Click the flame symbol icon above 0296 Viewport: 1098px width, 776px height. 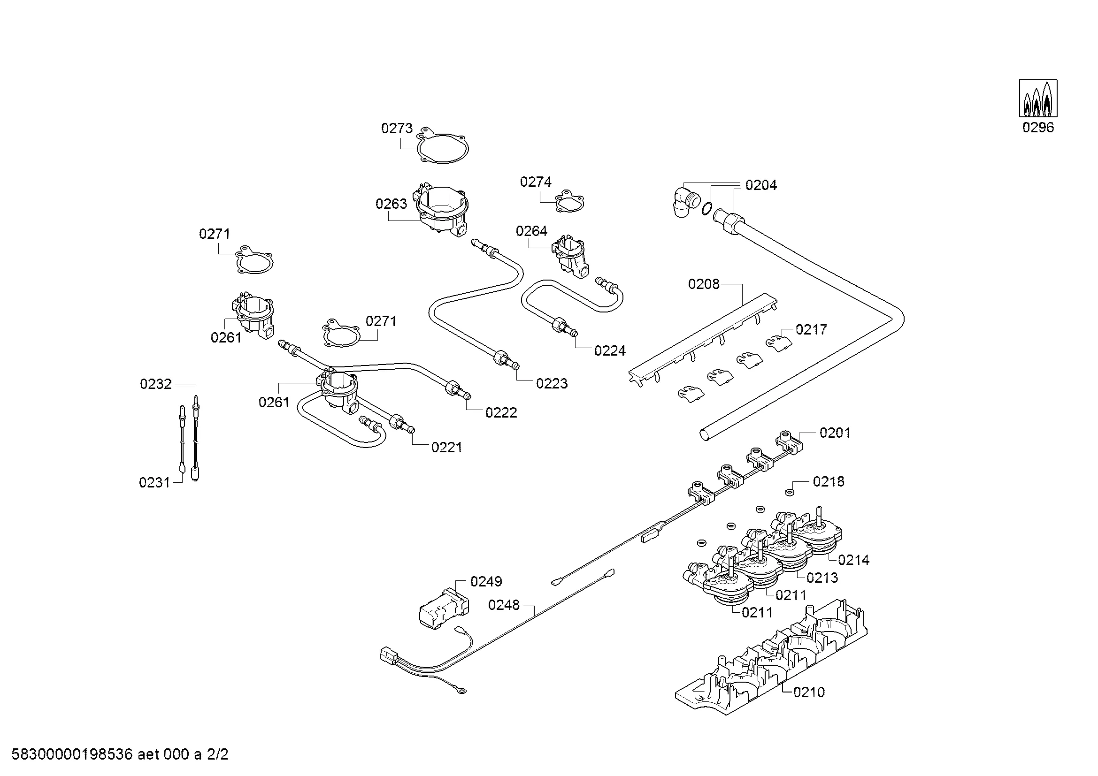1038,99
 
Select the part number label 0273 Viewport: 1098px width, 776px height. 397,128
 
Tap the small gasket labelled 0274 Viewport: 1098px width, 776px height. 568,202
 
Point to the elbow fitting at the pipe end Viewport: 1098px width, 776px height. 683,203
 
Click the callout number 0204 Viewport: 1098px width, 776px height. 761,185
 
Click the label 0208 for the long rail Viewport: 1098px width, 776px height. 704,284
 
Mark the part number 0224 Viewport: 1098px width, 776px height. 610,351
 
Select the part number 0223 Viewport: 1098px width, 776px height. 552,383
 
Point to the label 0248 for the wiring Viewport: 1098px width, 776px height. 504,605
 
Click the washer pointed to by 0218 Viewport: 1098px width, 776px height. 790,492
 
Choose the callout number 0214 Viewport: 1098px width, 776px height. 853,560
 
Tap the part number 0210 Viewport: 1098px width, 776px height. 809,692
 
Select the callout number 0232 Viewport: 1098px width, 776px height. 155,384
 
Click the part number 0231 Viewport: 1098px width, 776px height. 154,483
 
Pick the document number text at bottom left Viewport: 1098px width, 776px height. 120,754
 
